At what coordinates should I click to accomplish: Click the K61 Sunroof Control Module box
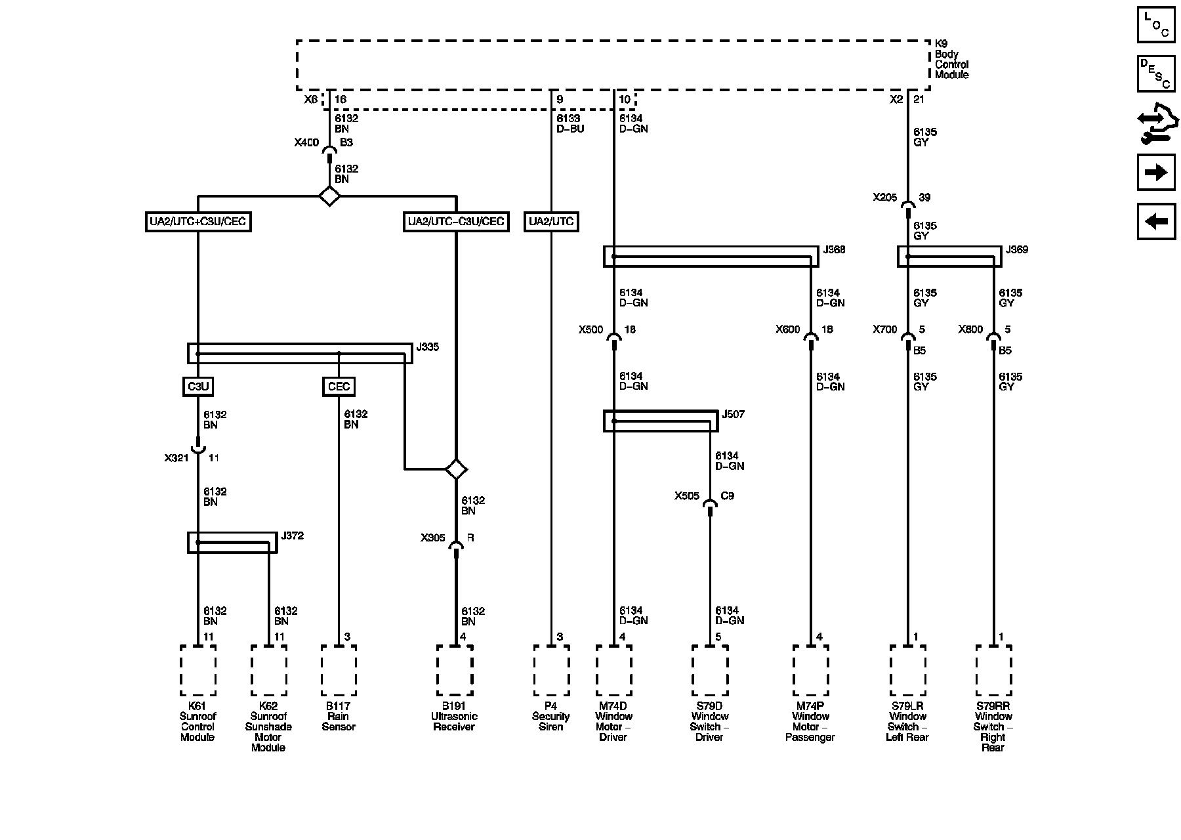click(x=197, y=670)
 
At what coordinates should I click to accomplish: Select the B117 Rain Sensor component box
click(x=339, y=670)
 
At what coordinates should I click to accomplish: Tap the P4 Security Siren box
click(x=551, y=670)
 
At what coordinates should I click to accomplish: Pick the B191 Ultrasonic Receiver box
click(x=455, y=670)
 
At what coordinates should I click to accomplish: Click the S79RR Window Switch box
click(x=993, y=670)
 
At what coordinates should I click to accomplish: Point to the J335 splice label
click(x=428, y=347)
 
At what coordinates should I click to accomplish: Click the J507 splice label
click(x=733, y=415)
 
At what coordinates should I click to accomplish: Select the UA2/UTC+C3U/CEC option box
click(x=197, y=222)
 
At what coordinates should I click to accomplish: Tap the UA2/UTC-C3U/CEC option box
click(x=456, y=222)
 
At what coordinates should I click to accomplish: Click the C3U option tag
click(x=197, y=387)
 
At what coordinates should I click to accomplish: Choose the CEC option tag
click(x=339, y=387)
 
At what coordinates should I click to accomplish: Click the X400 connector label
click(x=306, y=142)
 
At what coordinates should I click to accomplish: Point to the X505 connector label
click(x=687, y=496)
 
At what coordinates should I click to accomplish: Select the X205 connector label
click(x=884, y=198)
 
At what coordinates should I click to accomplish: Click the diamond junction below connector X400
click(x=329, y=196)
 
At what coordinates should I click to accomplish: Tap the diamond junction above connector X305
click(x=455, y=469)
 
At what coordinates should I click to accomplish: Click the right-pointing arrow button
click(x=1155, y=173)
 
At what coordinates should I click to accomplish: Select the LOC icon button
click(x=1155, y=24)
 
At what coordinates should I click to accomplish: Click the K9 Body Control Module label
click(x=951, y=60)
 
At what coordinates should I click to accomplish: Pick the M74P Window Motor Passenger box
click(x=810, y=670)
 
